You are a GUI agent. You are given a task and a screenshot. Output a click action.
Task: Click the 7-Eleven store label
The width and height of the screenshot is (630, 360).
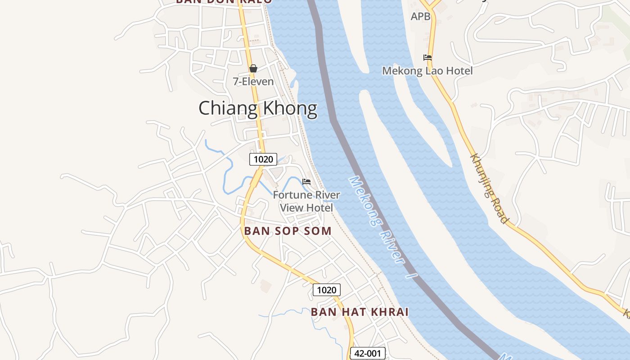253,81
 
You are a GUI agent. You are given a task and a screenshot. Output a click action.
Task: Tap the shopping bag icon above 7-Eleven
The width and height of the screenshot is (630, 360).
253,68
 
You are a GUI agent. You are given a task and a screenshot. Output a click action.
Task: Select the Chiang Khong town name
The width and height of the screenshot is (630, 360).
258,108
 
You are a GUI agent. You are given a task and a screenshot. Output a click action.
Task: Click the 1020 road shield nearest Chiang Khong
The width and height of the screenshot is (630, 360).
263,159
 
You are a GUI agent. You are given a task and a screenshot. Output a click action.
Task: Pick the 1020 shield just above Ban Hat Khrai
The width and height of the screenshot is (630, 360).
326,290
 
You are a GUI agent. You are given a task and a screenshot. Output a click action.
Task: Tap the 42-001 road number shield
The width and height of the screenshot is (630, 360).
368,353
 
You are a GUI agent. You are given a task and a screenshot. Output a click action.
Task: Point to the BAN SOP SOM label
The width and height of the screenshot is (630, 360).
288,231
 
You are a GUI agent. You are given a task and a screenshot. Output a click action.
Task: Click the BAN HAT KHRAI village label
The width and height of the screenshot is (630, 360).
360,312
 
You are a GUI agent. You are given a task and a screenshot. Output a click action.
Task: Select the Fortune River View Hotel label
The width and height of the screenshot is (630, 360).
306,201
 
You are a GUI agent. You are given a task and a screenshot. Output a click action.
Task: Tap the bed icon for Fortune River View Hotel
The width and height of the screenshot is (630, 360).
306,181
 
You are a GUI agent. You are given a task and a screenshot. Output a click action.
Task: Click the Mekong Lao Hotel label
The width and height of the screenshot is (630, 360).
427,71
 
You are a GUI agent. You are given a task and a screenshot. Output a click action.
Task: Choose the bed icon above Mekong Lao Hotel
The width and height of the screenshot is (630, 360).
427,58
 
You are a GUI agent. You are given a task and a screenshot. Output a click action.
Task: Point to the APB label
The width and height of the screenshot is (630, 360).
421,17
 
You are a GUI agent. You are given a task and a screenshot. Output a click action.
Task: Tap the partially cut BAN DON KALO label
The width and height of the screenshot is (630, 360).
224,1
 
